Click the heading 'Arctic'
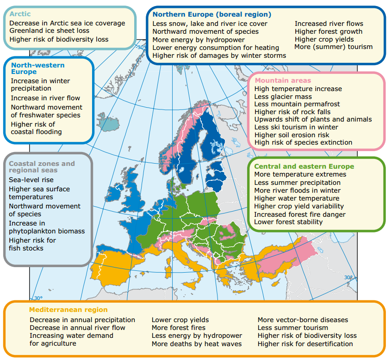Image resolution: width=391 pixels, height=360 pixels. coord(20,14)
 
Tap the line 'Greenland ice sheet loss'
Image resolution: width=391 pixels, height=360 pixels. coord(50,31)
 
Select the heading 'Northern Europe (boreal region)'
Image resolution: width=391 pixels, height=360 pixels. coord(212,14)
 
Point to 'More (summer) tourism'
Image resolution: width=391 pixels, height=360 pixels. coord(333,47)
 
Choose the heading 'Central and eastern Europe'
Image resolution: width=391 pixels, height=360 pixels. coord(304,166)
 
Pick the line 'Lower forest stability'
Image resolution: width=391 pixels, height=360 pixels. coord(288,222)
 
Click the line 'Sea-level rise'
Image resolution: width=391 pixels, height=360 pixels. coord(31,180)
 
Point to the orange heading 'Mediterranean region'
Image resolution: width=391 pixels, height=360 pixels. coord(68,310)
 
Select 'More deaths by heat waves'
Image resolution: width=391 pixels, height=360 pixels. coord(197,344)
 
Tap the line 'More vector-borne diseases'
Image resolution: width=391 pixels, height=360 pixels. coord(303,320)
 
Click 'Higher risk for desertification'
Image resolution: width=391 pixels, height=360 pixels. coord(305,344)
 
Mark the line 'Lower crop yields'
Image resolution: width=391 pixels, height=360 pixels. coord(180,320)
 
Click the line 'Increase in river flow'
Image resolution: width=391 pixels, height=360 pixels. coord(45,98)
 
